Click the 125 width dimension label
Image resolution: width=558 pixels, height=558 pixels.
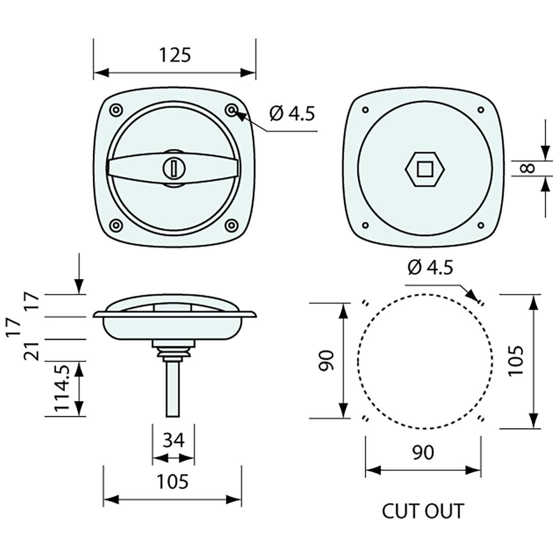point(175,55)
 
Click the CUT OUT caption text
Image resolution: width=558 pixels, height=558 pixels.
point(423,511)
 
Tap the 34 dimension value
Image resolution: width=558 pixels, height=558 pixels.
point(173,440)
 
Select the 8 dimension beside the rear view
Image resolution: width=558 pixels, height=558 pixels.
point(528,168)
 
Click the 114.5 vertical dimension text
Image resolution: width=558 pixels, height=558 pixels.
point(62,388)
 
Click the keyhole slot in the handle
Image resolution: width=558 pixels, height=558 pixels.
point(173,168)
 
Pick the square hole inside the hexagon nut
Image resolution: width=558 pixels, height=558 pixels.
point(425,167)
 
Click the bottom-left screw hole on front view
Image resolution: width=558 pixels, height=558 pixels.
point(116,225)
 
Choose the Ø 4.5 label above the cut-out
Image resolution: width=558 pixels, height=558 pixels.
point(430,267)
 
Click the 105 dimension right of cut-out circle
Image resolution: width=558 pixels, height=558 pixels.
point(515,360)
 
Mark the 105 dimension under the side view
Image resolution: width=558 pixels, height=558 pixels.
point(172,481)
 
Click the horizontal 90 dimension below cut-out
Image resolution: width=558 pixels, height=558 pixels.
point(423,452)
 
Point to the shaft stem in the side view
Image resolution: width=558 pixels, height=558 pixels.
point(172,388)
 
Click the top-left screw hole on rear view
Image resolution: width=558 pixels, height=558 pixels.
point(365,110)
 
